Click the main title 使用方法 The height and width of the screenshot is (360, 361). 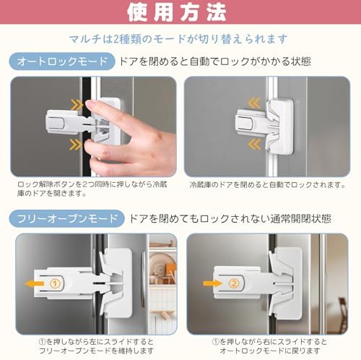(x=180, y=13)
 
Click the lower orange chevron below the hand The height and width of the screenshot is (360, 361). (x=75, y=145)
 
